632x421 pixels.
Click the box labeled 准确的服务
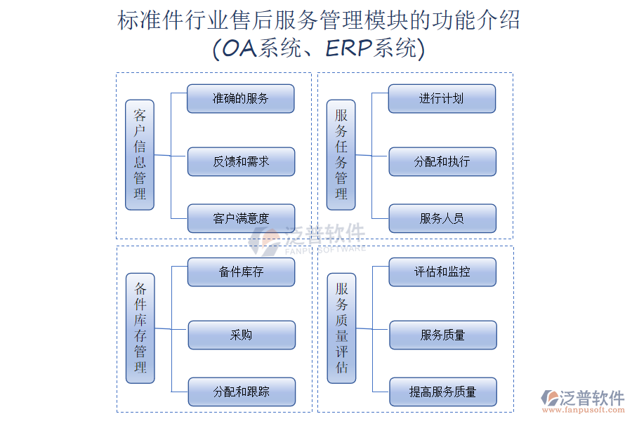pyautogui.click(x=240, y=99)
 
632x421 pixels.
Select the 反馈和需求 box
pyautogui.click(x=241, y=161)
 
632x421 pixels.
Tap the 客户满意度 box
pyautogui.click(x=241, y=218)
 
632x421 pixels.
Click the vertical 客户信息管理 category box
pyautogui.click(x=140, y=154)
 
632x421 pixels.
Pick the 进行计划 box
pyautogui.click(x=442, y=99)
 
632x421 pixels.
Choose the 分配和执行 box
pyautogui.click(x=442, y=161)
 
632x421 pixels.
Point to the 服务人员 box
pyautogui.click(x=442, y=218)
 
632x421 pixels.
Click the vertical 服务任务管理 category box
pyautogui.click(x=341, y=154)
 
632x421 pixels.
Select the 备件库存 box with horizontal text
pyautogui.click(x=241, y=272)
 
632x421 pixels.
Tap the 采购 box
pyautogui.click(x=242, y=335)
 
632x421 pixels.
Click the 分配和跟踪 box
pyautogui.click(x=242, y=392)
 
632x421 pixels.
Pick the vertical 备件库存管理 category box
pyautogui.click(x=140, y=328)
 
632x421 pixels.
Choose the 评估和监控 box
pyautogui.click(x=442, y=272)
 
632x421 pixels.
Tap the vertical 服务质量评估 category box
pyautogui.click(x=342, y=328)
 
